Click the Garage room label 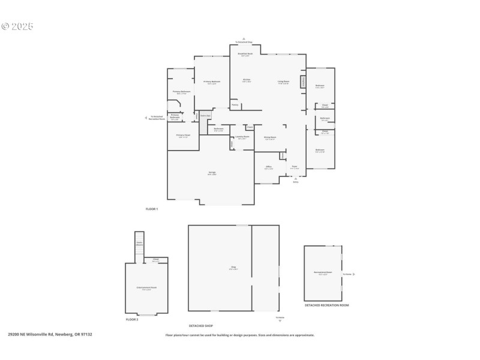(x=212, y=173)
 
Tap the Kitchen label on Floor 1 (x=246, y=80)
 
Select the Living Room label (x=283, y=82)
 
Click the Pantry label (x=235, y=106)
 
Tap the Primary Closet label (x=183, y=136)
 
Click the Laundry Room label (x=242, y=137)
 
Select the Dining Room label (x=270, y=138)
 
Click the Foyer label (x=295, y=167)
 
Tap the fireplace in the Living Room (x=303, y=80)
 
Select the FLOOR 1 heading (x=151, y=209)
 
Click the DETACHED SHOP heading (x=201, y=326)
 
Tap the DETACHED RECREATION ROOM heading (x=326, y=305)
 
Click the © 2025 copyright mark (x=17, y=26)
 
